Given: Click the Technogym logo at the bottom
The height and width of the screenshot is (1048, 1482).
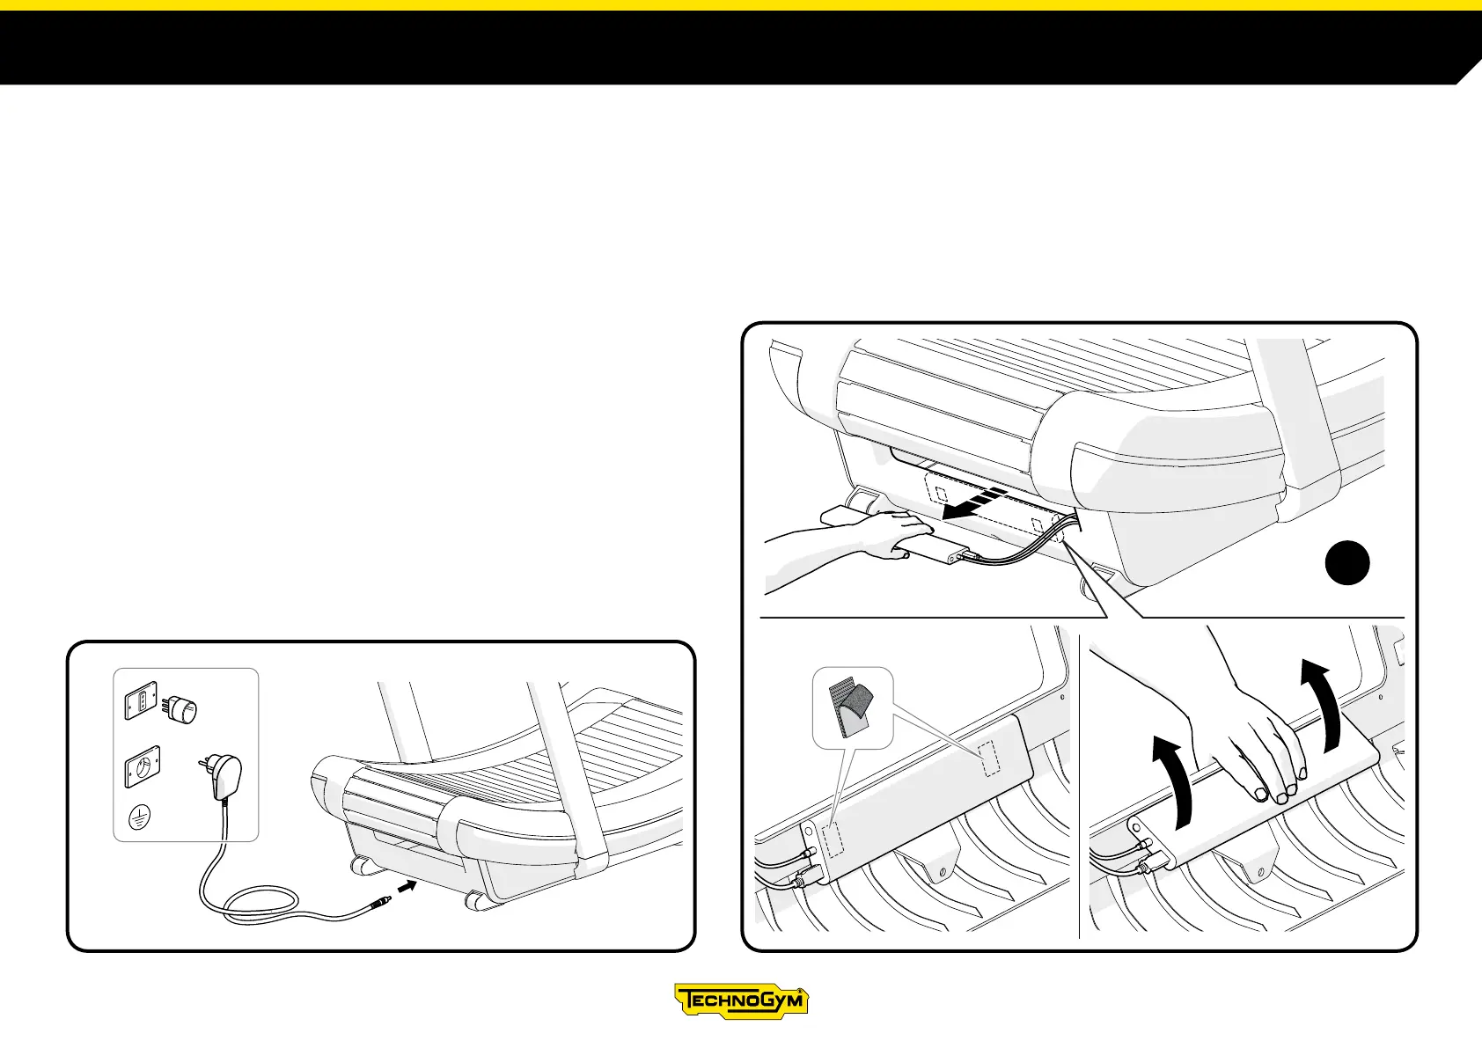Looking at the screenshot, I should coord(741,1001).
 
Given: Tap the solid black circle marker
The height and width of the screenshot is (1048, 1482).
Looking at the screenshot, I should coord(1347,563).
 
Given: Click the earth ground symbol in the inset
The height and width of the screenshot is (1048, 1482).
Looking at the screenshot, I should coord(137,816).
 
